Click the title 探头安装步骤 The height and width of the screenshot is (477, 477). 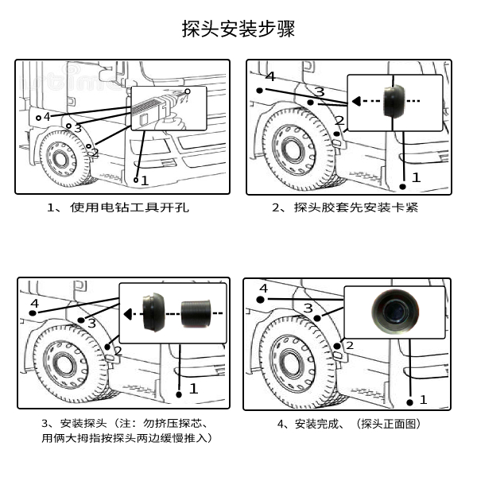238,31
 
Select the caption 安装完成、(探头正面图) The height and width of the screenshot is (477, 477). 349,424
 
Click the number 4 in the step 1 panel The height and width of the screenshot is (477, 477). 47,117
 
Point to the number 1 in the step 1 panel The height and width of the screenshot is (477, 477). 145,181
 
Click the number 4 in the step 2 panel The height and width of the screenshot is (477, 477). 270,77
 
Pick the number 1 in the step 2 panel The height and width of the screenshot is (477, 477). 415,178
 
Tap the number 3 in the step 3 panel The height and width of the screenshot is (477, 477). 92,323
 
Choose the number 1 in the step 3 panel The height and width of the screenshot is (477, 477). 192,389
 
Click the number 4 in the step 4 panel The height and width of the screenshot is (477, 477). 263,286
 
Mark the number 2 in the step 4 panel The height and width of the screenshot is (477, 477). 349,345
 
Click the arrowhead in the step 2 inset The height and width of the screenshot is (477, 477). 357,101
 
